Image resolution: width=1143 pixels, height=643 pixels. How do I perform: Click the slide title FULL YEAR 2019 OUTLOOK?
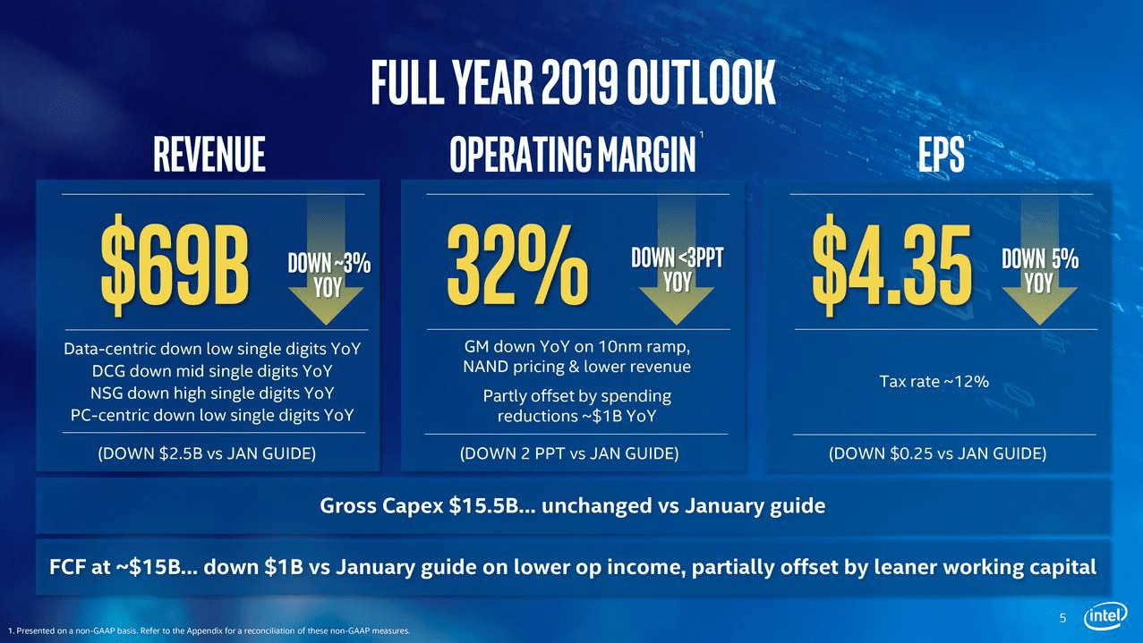pyautogui.click(x=572, y=83)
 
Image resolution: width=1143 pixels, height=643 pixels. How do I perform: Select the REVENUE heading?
pyautogui.click(x=209, y=155)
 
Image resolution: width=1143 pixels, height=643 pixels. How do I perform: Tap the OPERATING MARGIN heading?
pyautogui.click(x=573, y=155)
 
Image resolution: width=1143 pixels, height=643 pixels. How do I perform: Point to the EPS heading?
pyautogui.click(x=941, y=155)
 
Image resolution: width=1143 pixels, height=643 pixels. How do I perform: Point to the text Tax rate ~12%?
pyautogui.click(x=934, y=382)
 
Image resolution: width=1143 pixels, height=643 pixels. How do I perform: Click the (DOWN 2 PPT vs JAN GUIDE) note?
pyautogui.click(x=568, y=453)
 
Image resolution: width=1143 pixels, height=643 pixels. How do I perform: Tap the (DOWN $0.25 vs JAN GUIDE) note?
pyautogui.click(x=937, y=453)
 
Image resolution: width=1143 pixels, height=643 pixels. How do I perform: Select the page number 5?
pyautogui.click(x=1063, y=618)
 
